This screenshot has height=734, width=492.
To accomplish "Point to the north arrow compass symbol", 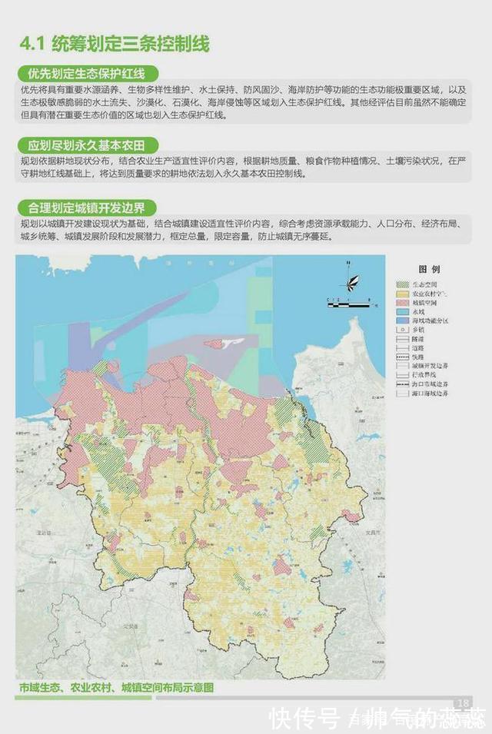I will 352,281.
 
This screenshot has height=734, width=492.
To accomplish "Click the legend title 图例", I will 428,270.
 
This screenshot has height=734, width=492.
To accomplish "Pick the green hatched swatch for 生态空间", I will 404,284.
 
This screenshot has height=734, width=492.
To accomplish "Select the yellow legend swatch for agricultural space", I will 404,294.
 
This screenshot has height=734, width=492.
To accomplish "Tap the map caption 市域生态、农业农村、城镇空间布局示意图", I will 116,687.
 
